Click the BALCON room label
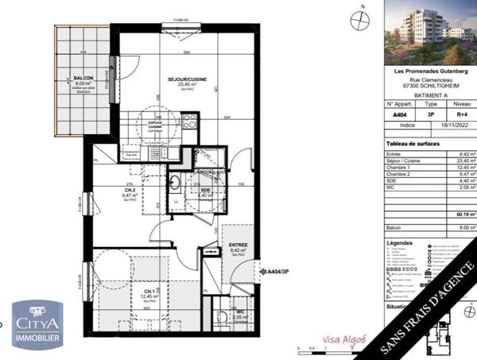[83, 78]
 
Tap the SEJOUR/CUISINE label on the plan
[188, 79]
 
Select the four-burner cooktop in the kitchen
[190, 122]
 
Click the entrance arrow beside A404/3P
[260, 271]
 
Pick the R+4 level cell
[461, 114]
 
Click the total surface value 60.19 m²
[464, 213]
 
